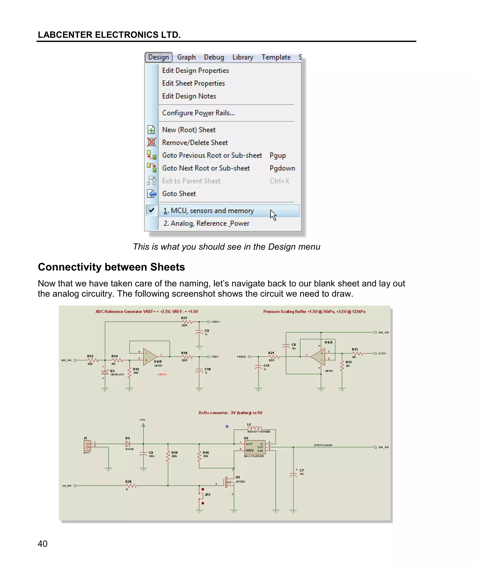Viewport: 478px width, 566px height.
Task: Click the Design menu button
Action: pos(158,57)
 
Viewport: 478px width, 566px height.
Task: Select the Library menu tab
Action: pos(243,57)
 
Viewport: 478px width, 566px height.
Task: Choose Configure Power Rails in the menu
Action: pos(198,113)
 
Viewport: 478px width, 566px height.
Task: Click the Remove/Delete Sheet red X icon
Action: pos(151,142)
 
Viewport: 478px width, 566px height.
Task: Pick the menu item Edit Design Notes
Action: pos(189,96)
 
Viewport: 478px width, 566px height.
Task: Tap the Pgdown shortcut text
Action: pos(282,168)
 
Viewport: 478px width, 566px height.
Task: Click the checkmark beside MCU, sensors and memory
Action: pos(152,210)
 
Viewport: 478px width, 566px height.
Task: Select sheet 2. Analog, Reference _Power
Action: pos(206,223)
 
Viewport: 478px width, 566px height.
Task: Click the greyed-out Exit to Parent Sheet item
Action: pos(191,181)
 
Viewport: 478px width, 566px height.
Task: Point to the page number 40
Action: pos(42,544)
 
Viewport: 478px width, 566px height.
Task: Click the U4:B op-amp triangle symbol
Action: pos(149,357)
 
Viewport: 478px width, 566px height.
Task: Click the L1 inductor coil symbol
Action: pos(254,428)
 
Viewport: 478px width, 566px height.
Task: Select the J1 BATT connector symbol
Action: pos(88,445)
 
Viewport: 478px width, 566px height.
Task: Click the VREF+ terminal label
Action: pos(216,322)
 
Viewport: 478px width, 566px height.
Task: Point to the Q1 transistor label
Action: pos(238,477)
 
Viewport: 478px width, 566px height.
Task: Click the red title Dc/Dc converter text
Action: pos(230,413)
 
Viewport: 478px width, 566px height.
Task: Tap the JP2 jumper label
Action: pos(207,495)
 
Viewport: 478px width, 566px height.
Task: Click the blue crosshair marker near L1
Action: pos(227,426)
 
